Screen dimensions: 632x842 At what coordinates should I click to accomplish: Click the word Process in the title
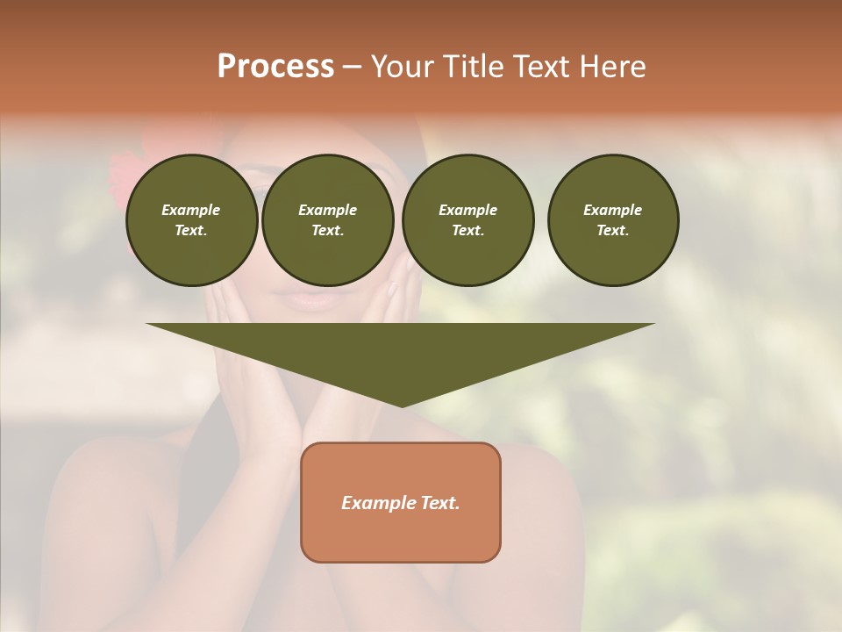click(275, 67)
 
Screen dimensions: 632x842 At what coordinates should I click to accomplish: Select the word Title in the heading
click(471, 67)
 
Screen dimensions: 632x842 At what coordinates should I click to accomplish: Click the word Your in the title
click(403, 67)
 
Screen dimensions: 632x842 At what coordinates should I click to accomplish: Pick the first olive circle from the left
click(191, 220)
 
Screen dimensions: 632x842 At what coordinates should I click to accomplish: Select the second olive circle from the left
click(327, 220)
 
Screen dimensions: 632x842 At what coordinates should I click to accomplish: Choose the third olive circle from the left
click(467, 220)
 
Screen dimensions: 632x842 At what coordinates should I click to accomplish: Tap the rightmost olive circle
click(613, 220)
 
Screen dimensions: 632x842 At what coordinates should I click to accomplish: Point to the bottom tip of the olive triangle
click(402, 406)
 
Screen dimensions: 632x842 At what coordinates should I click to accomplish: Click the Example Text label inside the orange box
click(401, 503)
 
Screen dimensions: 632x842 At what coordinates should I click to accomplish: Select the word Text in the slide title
click(539, 67)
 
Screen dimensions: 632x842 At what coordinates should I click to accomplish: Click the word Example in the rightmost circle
click(613, 210)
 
